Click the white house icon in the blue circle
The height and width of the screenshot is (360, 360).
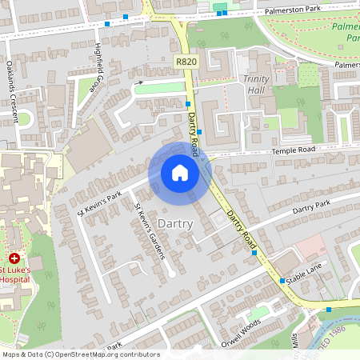coord(180,172)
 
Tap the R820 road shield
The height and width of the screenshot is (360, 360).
coord(186,61)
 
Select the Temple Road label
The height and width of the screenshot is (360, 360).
coord(294,150)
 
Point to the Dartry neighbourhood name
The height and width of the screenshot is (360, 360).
coord(175,223)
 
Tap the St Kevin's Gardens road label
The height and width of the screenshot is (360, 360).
coord(149,231)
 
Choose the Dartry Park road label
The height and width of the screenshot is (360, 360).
coord(310,207)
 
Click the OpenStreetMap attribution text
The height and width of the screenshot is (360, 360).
coord(80,354)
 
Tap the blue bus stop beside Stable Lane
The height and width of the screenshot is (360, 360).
coord(282,281)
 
